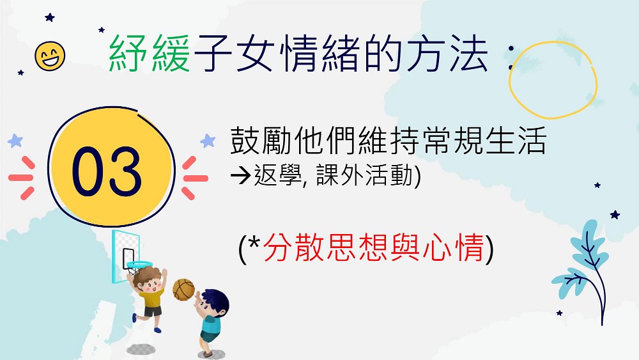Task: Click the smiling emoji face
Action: click(x=50, y=56)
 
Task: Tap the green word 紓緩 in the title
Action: click(x=150, y=54)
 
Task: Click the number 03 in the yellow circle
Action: click(x=107, y=171)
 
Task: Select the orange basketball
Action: click(x=184, y=290)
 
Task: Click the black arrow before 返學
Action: click(x=240, y=176)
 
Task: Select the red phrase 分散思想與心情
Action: click(x=373, y=247)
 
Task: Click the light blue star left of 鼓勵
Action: click(x=208, y=141)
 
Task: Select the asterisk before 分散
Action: click(x=254, y=242)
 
